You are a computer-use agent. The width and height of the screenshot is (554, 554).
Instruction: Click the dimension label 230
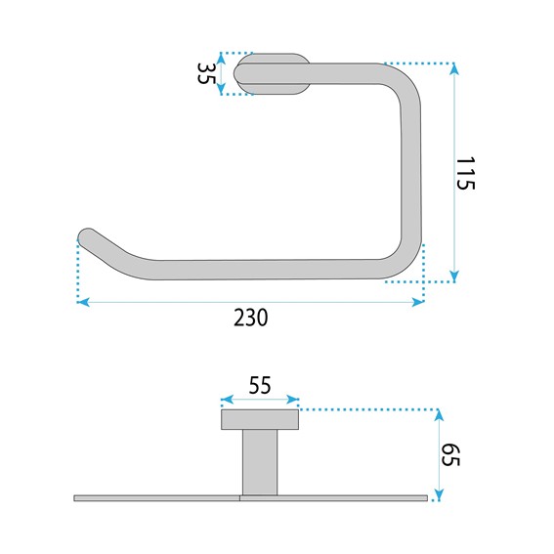tap(251, 318)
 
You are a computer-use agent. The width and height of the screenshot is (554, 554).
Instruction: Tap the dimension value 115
tap(465, 174)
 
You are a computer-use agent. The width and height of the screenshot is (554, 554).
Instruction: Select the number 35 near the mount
tap(206, 73)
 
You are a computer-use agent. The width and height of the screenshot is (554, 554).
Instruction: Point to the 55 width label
tap(260, 385)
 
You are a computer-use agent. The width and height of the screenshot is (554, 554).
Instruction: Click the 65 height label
tap(450, 455)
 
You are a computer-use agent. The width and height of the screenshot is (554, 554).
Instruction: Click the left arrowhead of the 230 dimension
tap(83, 302)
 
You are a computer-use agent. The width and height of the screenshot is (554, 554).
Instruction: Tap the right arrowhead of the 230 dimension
tap(417, 302)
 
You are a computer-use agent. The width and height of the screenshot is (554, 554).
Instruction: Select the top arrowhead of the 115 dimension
tap(454, 69)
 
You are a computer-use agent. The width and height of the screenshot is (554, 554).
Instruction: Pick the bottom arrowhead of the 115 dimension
tap(454, 276)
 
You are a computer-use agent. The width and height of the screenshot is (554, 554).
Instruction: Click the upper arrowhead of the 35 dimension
tap(221, 59)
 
